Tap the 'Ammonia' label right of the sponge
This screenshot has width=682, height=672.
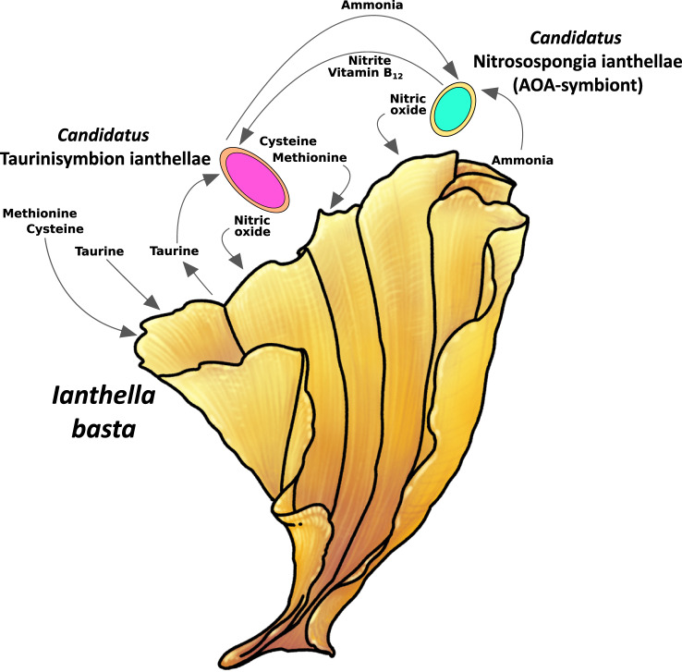click(522, 160)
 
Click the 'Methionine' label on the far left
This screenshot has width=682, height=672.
click(37, 214)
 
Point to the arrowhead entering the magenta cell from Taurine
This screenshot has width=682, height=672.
click(218, 182)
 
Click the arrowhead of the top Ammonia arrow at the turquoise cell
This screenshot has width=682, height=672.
click(452, 72)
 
